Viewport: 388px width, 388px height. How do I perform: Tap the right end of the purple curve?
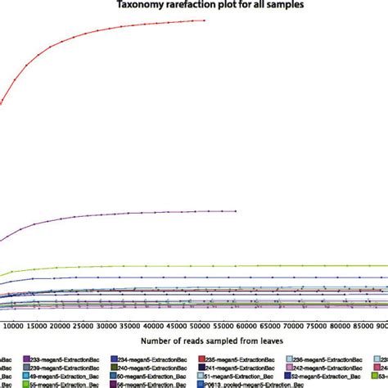click(235, 210)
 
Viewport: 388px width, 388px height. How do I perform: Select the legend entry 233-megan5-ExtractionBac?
click(61, 381)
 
